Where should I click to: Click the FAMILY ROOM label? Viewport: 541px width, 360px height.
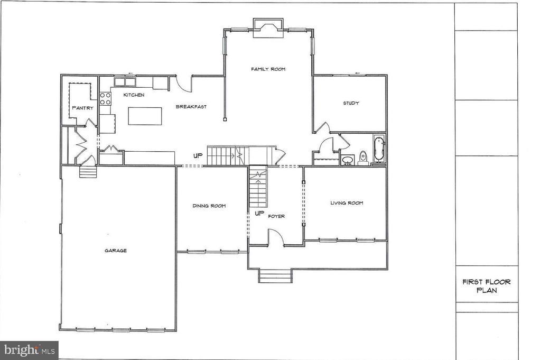click(x=268, y=69)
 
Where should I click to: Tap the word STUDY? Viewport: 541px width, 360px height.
click(x=351, y=103)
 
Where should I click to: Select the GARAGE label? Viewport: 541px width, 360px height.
click(x=115, y=251)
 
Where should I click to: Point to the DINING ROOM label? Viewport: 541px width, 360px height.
click(x=209, y=206)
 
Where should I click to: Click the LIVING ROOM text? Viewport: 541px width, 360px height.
click(x=347, y=203)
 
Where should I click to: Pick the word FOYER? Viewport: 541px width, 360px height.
click(x=276, y=216)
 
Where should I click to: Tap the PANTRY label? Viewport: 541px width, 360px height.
click(x=82, y=108)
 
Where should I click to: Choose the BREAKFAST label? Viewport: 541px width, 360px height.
click(x=191, y=107)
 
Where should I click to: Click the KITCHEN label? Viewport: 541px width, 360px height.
click(x=134, y=95)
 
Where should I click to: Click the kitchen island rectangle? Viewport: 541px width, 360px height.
click(x=145, y=116)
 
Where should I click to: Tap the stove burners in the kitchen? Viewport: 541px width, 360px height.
click(x=105, y=98)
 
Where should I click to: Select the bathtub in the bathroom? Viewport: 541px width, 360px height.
click(x=379, y=149)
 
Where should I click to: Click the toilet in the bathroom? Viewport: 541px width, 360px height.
click(x=363, y=157)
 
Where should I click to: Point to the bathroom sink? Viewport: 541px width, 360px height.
click(x=348, y=159)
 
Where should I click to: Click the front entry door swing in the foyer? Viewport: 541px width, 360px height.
click(x=276, y=237)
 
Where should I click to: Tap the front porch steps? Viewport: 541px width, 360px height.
click(x=275, y=276)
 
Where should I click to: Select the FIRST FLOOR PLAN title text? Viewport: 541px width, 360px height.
click(x=486, y=286)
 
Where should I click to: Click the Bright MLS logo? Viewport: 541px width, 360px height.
click(x=29, y=350)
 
